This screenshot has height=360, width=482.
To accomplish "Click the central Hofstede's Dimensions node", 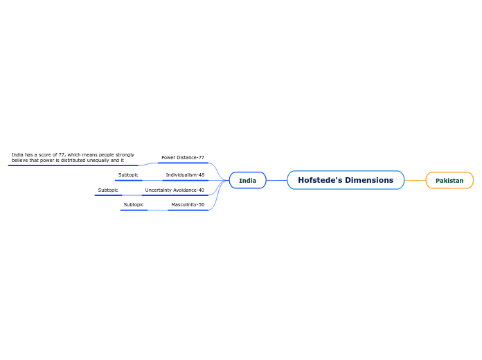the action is coord(346,180).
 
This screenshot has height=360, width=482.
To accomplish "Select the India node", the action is coord(247,181).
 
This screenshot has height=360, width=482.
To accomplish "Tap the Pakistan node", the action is coord(449,181).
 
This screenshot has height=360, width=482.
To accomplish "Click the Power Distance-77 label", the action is coord(183,158).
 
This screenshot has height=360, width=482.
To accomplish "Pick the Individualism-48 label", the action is coord(185,175).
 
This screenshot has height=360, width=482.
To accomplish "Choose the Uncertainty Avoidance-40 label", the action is coord(175,190).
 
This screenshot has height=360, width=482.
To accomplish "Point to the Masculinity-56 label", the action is coord(188,205).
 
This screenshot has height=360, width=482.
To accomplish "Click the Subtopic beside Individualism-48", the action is coord(128,175).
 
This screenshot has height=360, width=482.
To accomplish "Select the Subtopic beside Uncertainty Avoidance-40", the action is coord(108,190).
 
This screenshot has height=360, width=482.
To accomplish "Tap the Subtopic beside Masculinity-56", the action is coord(134,205).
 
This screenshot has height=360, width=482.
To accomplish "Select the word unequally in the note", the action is coord(99,160).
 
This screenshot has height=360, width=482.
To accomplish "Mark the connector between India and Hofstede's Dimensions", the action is coord(276,180).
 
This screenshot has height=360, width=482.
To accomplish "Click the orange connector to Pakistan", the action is coord(415,180).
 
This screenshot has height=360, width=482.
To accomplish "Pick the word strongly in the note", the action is coord(125,155).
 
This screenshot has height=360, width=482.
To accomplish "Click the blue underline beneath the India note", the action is coord(73,165).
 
